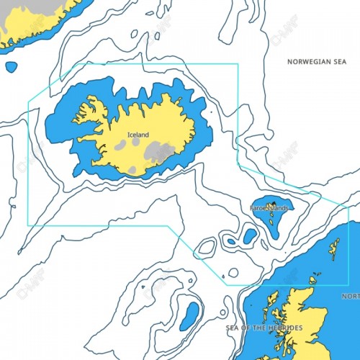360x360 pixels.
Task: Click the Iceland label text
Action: coord(138,135)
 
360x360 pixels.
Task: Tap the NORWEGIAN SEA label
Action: coord(317,62)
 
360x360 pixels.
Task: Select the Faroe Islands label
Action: coord(269,208)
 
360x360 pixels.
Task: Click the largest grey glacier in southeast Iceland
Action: coord(160,152)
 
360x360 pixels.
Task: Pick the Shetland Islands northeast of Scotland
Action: coord(335,249)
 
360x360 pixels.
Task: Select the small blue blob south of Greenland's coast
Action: coord(11,67)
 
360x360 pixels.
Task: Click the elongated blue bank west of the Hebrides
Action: coord(192,314)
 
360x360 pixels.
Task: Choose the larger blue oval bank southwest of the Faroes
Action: coord(249,235)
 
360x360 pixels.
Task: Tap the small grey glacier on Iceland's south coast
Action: coord(132,170)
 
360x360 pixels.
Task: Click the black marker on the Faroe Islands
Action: coord(273,202)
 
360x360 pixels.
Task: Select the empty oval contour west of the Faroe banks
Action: coord(207,247)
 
